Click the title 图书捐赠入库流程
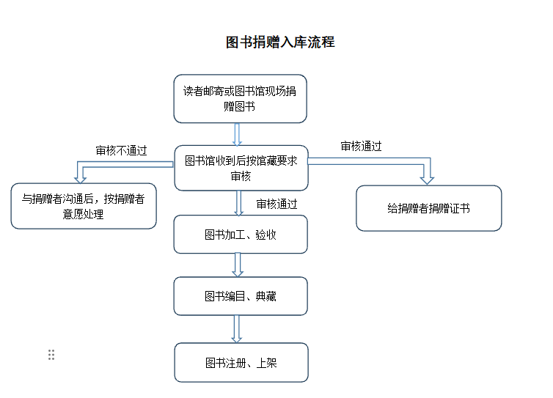280,42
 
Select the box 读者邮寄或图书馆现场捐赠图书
240,99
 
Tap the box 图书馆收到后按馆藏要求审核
241,168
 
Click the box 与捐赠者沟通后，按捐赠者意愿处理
84,206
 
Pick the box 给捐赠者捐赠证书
429,208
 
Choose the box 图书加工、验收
241,235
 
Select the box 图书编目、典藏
241,296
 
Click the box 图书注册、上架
241,362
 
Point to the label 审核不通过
121,151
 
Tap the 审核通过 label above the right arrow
361,146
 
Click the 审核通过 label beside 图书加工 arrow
276,204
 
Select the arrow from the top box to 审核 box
238,134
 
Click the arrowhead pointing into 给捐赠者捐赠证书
427,180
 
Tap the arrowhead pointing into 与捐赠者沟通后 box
81,180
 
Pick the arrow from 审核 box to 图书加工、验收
239,203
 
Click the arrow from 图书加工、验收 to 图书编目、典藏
238,265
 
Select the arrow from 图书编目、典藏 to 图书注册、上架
237,329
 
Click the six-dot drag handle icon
51,355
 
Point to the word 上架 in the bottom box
266,363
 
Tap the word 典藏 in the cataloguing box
266,296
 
